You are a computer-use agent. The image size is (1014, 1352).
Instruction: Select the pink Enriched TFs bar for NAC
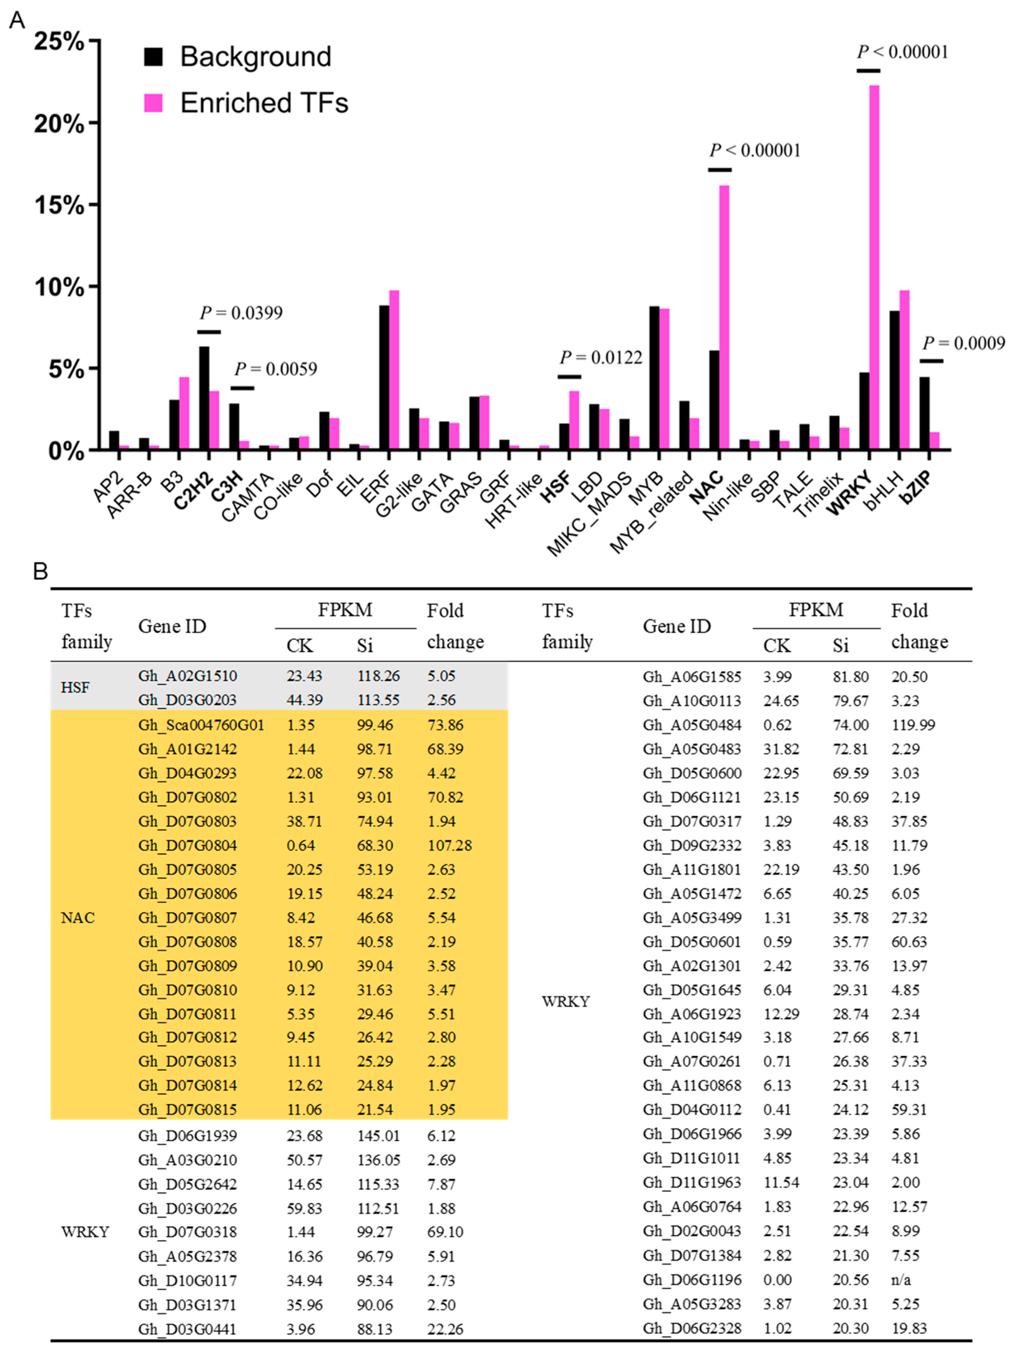(724, 318)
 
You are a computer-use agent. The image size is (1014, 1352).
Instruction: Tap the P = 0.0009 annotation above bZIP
(963, 343)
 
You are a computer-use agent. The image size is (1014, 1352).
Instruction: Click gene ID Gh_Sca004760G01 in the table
(201, 725)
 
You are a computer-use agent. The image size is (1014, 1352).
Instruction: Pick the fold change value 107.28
(449, 845)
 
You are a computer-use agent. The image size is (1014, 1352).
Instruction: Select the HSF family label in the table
(75, 688)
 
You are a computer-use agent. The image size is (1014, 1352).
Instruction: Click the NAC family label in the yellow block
(78, 917)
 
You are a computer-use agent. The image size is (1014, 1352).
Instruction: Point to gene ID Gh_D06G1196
(692, 1279)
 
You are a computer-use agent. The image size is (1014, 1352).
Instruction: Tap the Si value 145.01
(378, 1136)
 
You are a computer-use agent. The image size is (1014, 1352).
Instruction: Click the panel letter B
(40, 572)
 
